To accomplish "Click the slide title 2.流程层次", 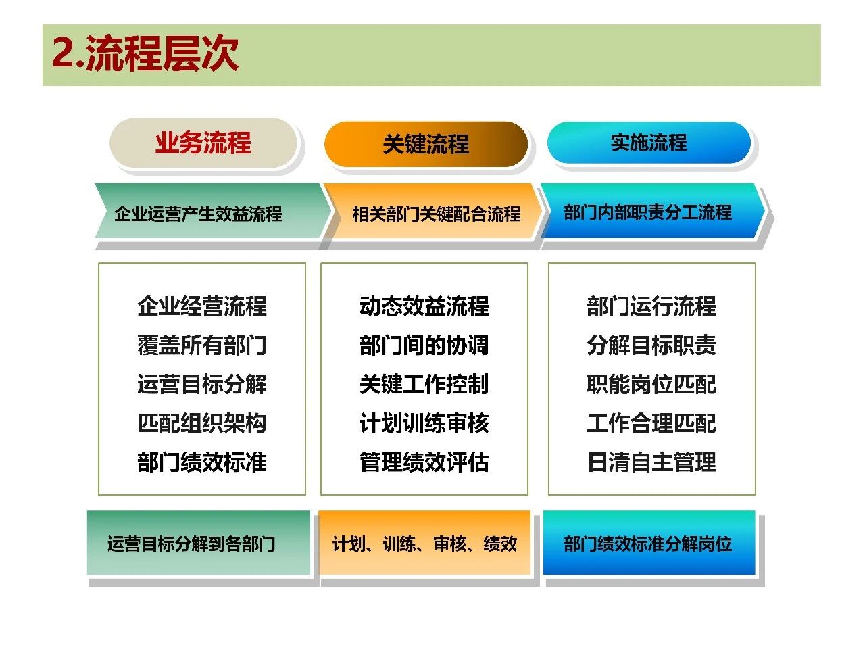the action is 145,53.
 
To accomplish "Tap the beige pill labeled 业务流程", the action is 203,143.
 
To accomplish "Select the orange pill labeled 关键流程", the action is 426,144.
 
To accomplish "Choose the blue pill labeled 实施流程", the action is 649,142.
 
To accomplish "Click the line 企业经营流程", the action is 202,306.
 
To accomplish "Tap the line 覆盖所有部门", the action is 202,345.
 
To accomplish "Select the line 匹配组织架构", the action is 202,423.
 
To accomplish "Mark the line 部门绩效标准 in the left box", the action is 202,462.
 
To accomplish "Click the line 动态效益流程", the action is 424,306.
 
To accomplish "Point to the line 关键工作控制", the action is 424,384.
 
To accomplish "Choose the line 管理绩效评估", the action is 424,462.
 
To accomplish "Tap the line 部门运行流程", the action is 651,306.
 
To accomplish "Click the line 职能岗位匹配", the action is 651,384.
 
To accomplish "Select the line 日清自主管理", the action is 651,462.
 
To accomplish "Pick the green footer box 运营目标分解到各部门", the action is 199,543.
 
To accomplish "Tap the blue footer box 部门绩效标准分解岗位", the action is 649,543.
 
